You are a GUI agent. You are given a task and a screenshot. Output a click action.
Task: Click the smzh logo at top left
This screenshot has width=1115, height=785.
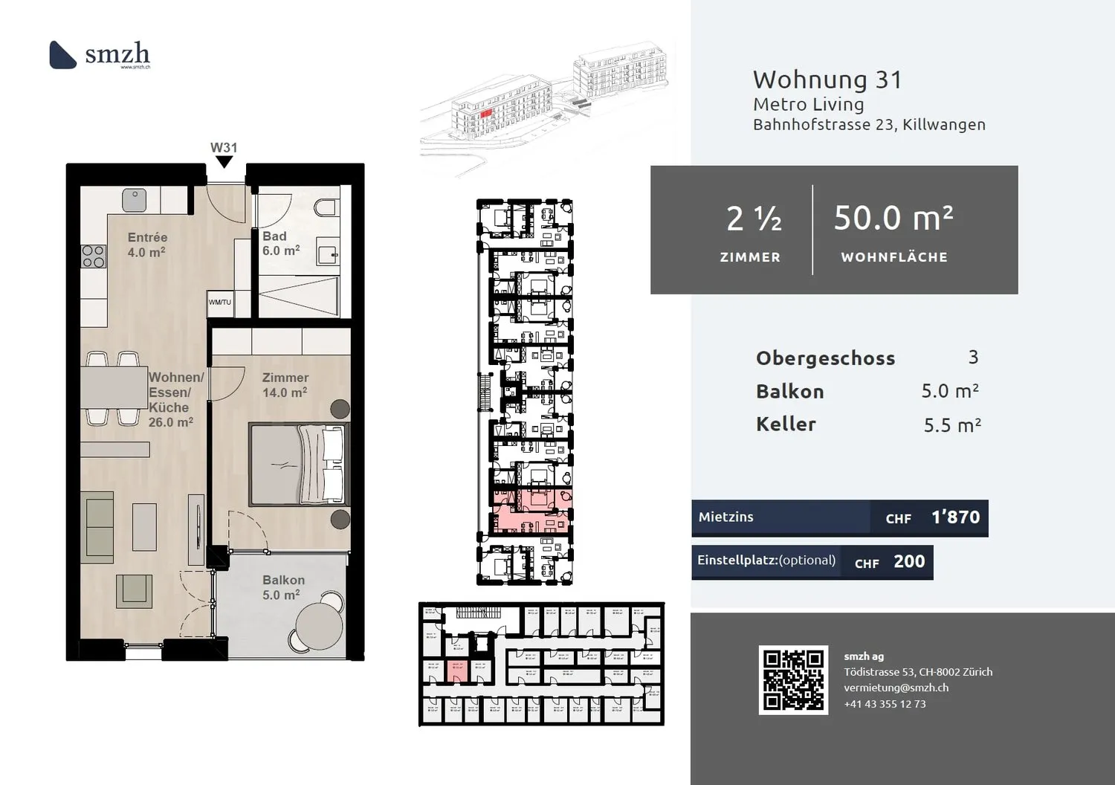point(100,54)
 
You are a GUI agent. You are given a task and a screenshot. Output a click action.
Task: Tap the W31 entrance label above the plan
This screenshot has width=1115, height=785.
point(223,148)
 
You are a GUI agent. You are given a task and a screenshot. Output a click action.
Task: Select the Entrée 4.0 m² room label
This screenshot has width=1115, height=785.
point(147,245)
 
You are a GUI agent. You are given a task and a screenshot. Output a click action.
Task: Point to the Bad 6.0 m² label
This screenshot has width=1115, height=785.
point(280,244)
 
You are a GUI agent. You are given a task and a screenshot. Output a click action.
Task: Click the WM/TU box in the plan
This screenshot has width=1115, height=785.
point(220,303)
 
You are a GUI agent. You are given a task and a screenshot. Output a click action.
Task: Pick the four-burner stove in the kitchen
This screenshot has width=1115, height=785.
point(93,256)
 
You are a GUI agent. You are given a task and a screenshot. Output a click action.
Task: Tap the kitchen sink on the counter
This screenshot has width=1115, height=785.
point(135,199)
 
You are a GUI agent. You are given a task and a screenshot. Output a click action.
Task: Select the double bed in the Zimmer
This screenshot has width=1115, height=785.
point(298,465)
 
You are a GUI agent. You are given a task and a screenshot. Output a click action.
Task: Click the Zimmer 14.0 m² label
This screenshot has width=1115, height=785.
point(285,385)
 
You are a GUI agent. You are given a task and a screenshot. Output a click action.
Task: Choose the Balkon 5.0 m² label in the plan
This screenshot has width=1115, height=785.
point(282,587)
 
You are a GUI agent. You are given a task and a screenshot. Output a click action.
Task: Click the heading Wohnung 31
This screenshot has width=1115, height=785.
point(827,80)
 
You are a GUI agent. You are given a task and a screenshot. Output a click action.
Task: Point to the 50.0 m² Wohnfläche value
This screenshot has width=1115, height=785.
point(893,218)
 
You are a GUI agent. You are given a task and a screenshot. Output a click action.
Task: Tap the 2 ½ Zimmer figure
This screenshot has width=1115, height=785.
point(753,219)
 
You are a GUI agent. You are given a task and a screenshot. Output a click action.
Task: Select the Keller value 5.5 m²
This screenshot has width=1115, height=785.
point(951,425)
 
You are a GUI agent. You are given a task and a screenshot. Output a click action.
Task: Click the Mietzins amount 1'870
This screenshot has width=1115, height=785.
point(955,517)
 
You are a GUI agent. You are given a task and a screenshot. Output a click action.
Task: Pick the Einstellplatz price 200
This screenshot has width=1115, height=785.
point(909,562)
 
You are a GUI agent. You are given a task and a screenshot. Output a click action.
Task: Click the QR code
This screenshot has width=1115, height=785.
point(793,680)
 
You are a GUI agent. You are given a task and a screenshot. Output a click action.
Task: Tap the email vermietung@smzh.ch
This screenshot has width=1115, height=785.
point(896,688)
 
